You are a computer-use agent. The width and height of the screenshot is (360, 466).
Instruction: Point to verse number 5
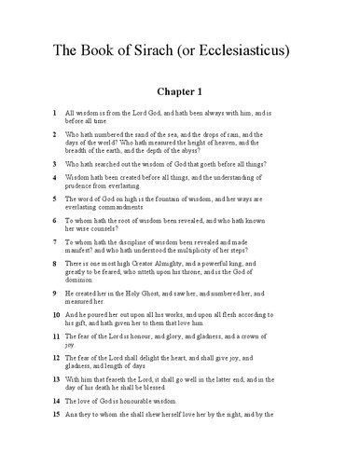pos(55,199)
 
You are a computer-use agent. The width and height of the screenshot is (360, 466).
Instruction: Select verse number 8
pos(55,265)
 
